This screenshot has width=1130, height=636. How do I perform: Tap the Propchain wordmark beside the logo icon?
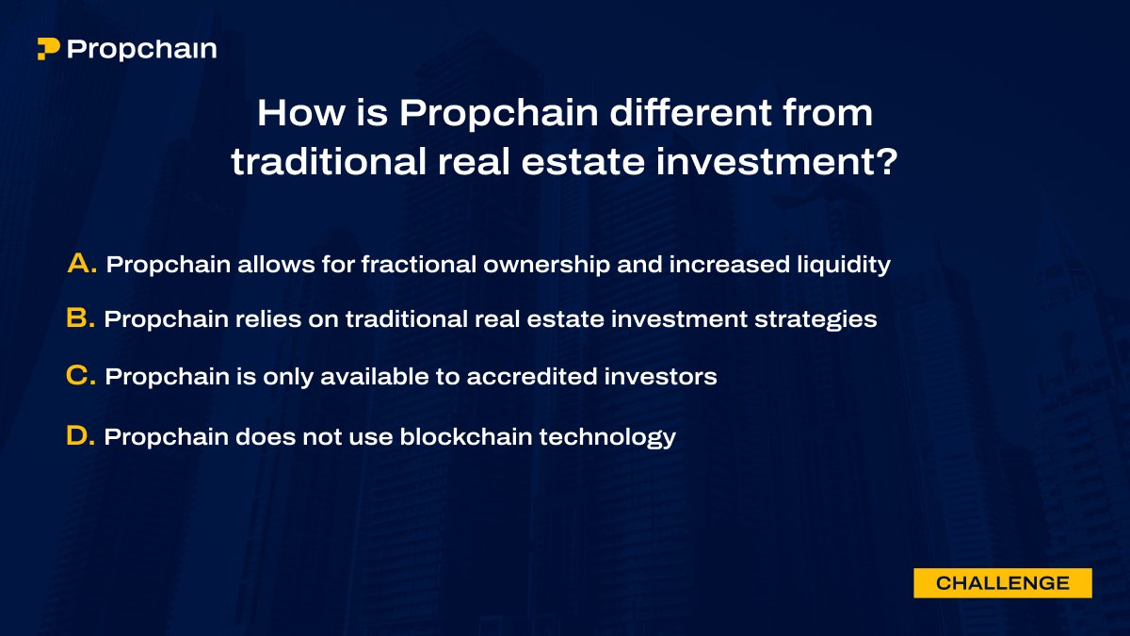coord(142,49)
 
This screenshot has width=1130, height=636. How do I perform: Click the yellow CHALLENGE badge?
coord(1002,583)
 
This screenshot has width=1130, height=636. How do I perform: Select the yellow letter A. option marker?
coord(83,265)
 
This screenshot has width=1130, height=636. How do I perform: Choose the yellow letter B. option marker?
coord(81,319)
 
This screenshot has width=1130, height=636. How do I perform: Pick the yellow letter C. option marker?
coord(82,376)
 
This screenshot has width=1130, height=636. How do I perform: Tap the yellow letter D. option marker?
coord(81,436)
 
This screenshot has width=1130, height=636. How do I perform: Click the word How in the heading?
coord(292,114)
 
